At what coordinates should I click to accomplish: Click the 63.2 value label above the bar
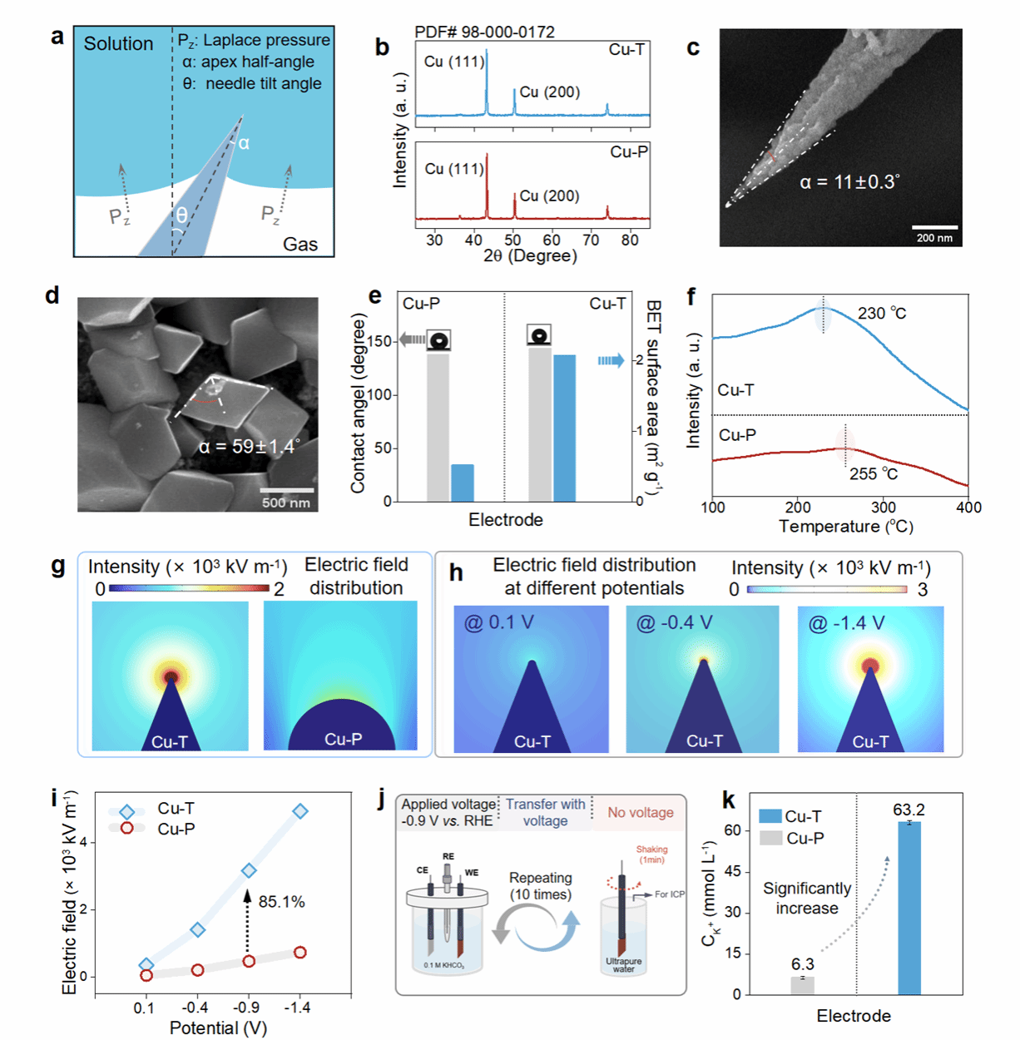909,810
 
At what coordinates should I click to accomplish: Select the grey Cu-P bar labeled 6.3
802,985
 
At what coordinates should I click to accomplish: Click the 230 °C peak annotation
882,314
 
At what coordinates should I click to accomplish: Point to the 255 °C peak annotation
874,474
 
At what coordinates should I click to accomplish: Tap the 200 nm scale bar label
934,238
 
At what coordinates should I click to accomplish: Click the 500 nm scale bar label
285,503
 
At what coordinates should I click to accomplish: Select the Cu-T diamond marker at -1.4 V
300,811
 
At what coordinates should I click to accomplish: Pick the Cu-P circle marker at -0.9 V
249,961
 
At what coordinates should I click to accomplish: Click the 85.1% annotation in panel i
281,902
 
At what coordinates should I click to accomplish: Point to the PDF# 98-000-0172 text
484,32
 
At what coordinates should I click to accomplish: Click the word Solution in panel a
118,44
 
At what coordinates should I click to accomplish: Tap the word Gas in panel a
300,244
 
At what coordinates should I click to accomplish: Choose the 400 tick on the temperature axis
968,508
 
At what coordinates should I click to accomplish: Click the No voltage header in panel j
640,813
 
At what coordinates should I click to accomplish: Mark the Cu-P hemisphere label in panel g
343,739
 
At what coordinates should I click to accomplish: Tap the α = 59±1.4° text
247,447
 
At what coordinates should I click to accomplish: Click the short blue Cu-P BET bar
463,483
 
